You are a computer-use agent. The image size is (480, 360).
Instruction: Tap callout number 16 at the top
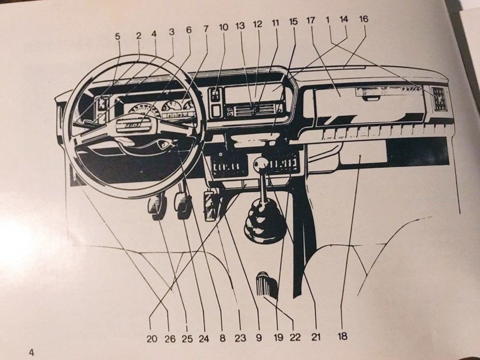(x=363, y=19)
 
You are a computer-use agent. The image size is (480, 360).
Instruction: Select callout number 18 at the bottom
(x=342, y=336)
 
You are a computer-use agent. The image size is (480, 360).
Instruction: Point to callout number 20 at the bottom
(x=152, y=338)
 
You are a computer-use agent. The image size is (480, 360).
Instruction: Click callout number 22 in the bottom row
(x=295, y=337)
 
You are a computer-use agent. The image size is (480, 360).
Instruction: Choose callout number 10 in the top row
(x=224, y=27)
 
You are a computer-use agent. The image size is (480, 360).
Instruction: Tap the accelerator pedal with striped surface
(x=211, y=206)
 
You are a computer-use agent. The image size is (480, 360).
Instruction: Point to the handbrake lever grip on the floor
(x=266, y=284)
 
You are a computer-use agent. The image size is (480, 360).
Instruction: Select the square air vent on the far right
(x=439, y=98)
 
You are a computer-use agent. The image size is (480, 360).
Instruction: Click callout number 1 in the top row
(x=327, y=20)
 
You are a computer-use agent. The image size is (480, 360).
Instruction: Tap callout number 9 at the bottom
(x=259, y=338)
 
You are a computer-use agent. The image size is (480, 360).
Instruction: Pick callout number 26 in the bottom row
(x=170, y=338)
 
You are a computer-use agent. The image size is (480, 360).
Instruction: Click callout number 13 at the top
(x=240, y=26)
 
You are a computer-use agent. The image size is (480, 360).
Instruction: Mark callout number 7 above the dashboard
(x=206, y=29)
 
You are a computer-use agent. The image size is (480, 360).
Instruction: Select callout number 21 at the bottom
(x=316, y=337)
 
